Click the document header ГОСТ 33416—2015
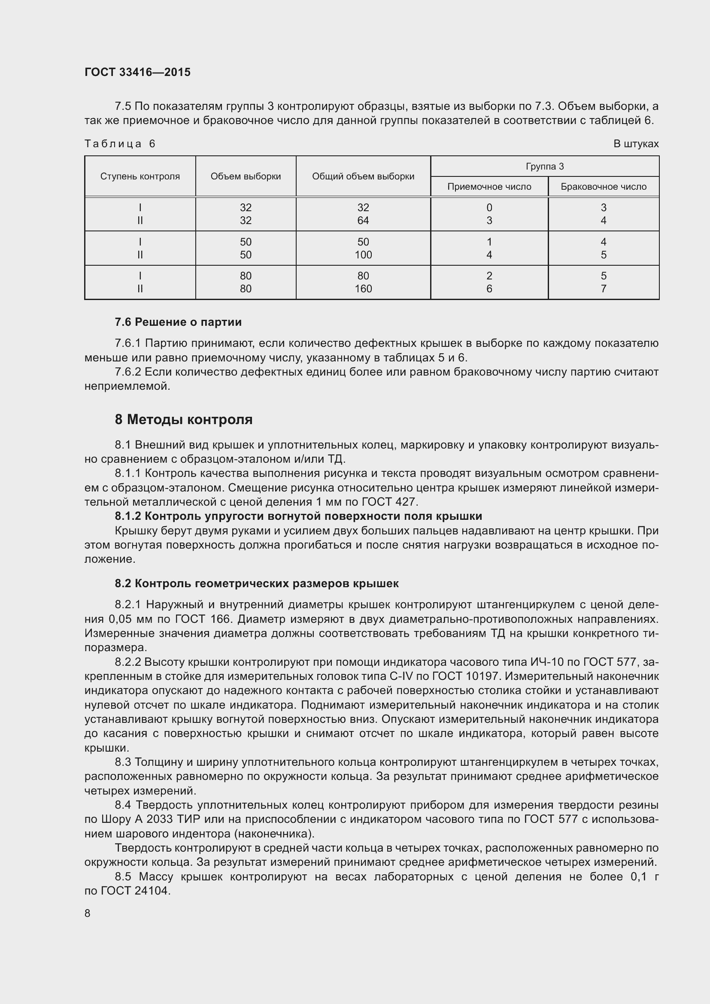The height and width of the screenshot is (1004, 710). pyautogui.click(x=137, y=72)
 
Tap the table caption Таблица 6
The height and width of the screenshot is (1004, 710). pyautogui.click(x=120, y=144)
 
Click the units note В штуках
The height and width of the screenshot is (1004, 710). pyautogui.click(x=636, y=144)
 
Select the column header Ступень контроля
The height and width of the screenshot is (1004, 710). pyautogui.click(x=140, y=176)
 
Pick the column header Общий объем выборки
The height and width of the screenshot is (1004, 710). pyautogui.click(x=363, y=176)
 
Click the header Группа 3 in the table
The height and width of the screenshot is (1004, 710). pyautogui.click(x=544, y=166)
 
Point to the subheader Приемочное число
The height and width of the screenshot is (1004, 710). pyautogui.click(x=489, y=187)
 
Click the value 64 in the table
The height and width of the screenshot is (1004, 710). pyautogui.click(x=363, y=220)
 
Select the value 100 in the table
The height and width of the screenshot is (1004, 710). pyautogui.click(x=363, y=255)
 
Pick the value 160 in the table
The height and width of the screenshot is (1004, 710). pyautogui.click(x=363, y=288)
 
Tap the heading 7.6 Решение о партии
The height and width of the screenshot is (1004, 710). pyautogui.click(x=178, y=322)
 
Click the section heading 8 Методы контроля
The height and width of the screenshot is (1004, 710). pyautogui.click(x=184, y=420)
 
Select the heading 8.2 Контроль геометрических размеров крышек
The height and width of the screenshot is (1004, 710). pyautogui.click(x=257, y=583)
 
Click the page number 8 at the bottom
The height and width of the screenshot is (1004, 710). pyautogui.click(x=88, y=913)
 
